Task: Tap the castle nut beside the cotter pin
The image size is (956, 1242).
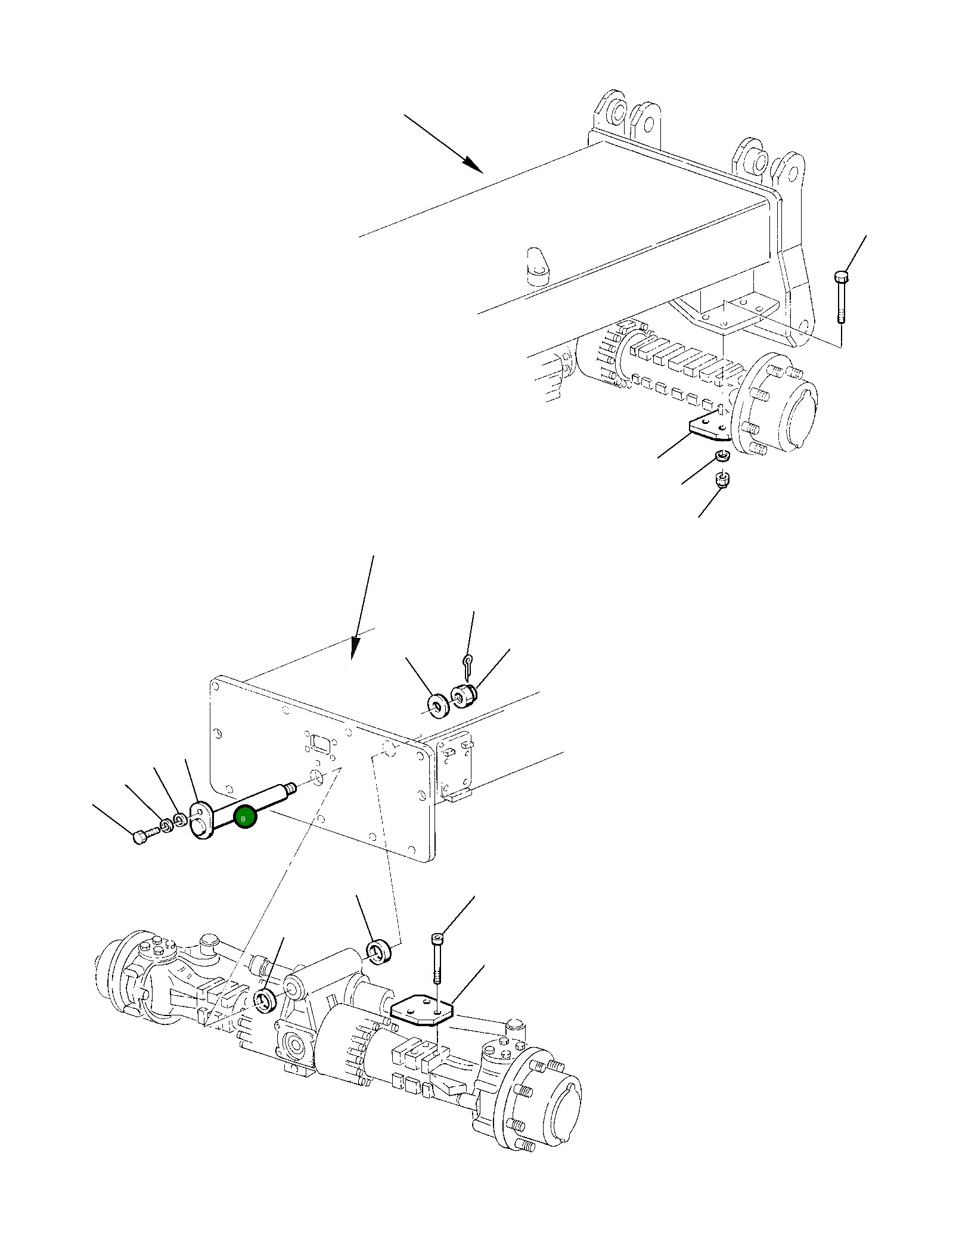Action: [x=464, y=696]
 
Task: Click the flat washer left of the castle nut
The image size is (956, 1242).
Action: [x=439, y=705]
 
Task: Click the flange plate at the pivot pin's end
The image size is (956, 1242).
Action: [x=200, y=821]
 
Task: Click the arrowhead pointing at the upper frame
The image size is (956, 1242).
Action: [x=474, y=165]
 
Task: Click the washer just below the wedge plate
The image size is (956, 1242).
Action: [x=722, y=457]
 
